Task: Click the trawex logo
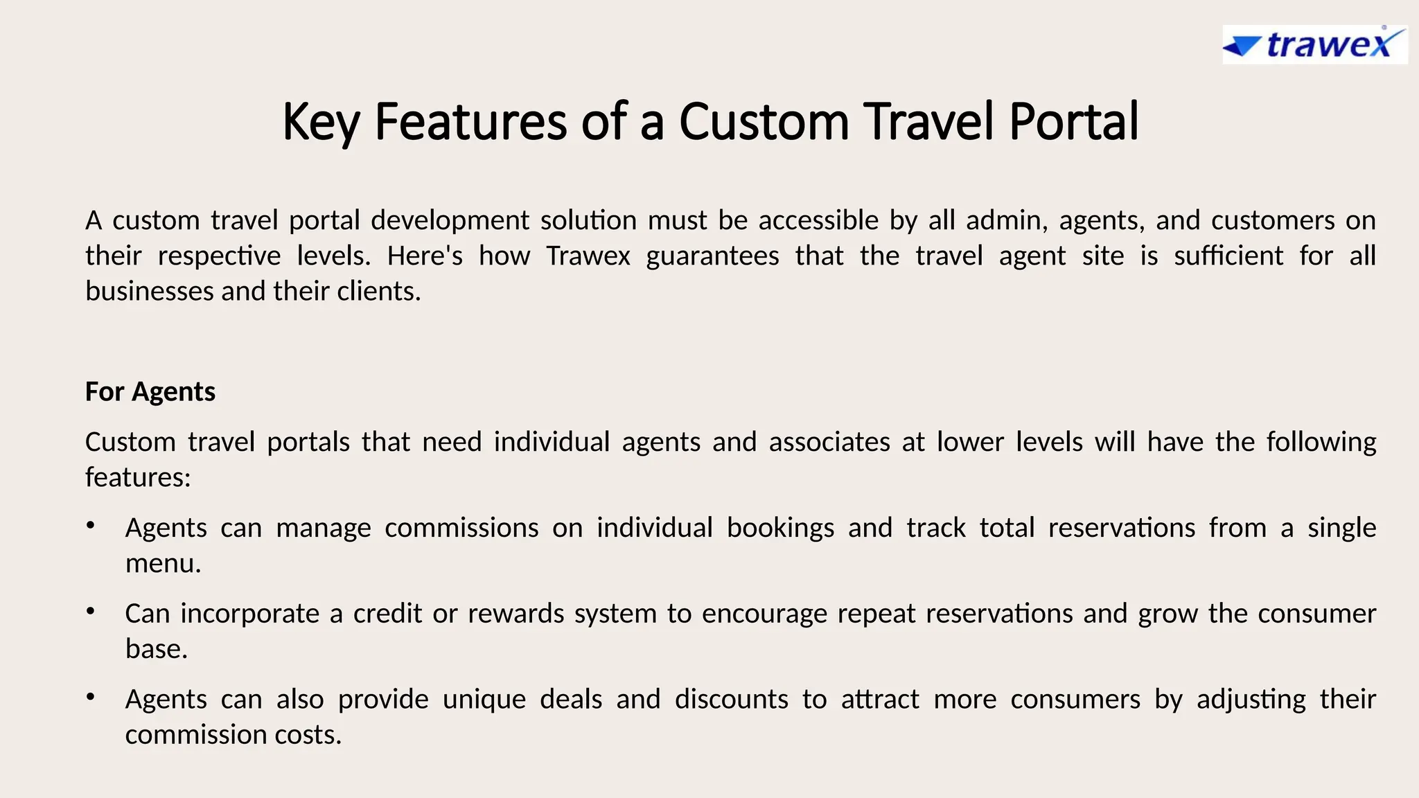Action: click(x=1314, y=45)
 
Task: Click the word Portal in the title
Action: click(x=1073, y=121)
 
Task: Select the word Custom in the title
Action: click(x=764, y=121)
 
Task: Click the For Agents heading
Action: click(x=150, y=391)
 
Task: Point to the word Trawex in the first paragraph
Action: click(x=588, y=256)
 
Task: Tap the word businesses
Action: click(x=149, y=291)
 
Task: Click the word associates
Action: click(x=829, y=442)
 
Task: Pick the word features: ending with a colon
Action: click(x=138, y=477)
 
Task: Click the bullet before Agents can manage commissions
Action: click(x=90, y=526)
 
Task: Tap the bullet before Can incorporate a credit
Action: click(x=90, y=612)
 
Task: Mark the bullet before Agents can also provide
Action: click(x=90, y=697)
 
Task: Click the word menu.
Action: click(x=163, y=563)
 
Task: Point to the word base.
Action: click(x=156, y=649)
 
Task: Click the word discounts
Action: click(x=731, y=699)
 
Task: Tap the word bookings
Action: click(x=780, y=529)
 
